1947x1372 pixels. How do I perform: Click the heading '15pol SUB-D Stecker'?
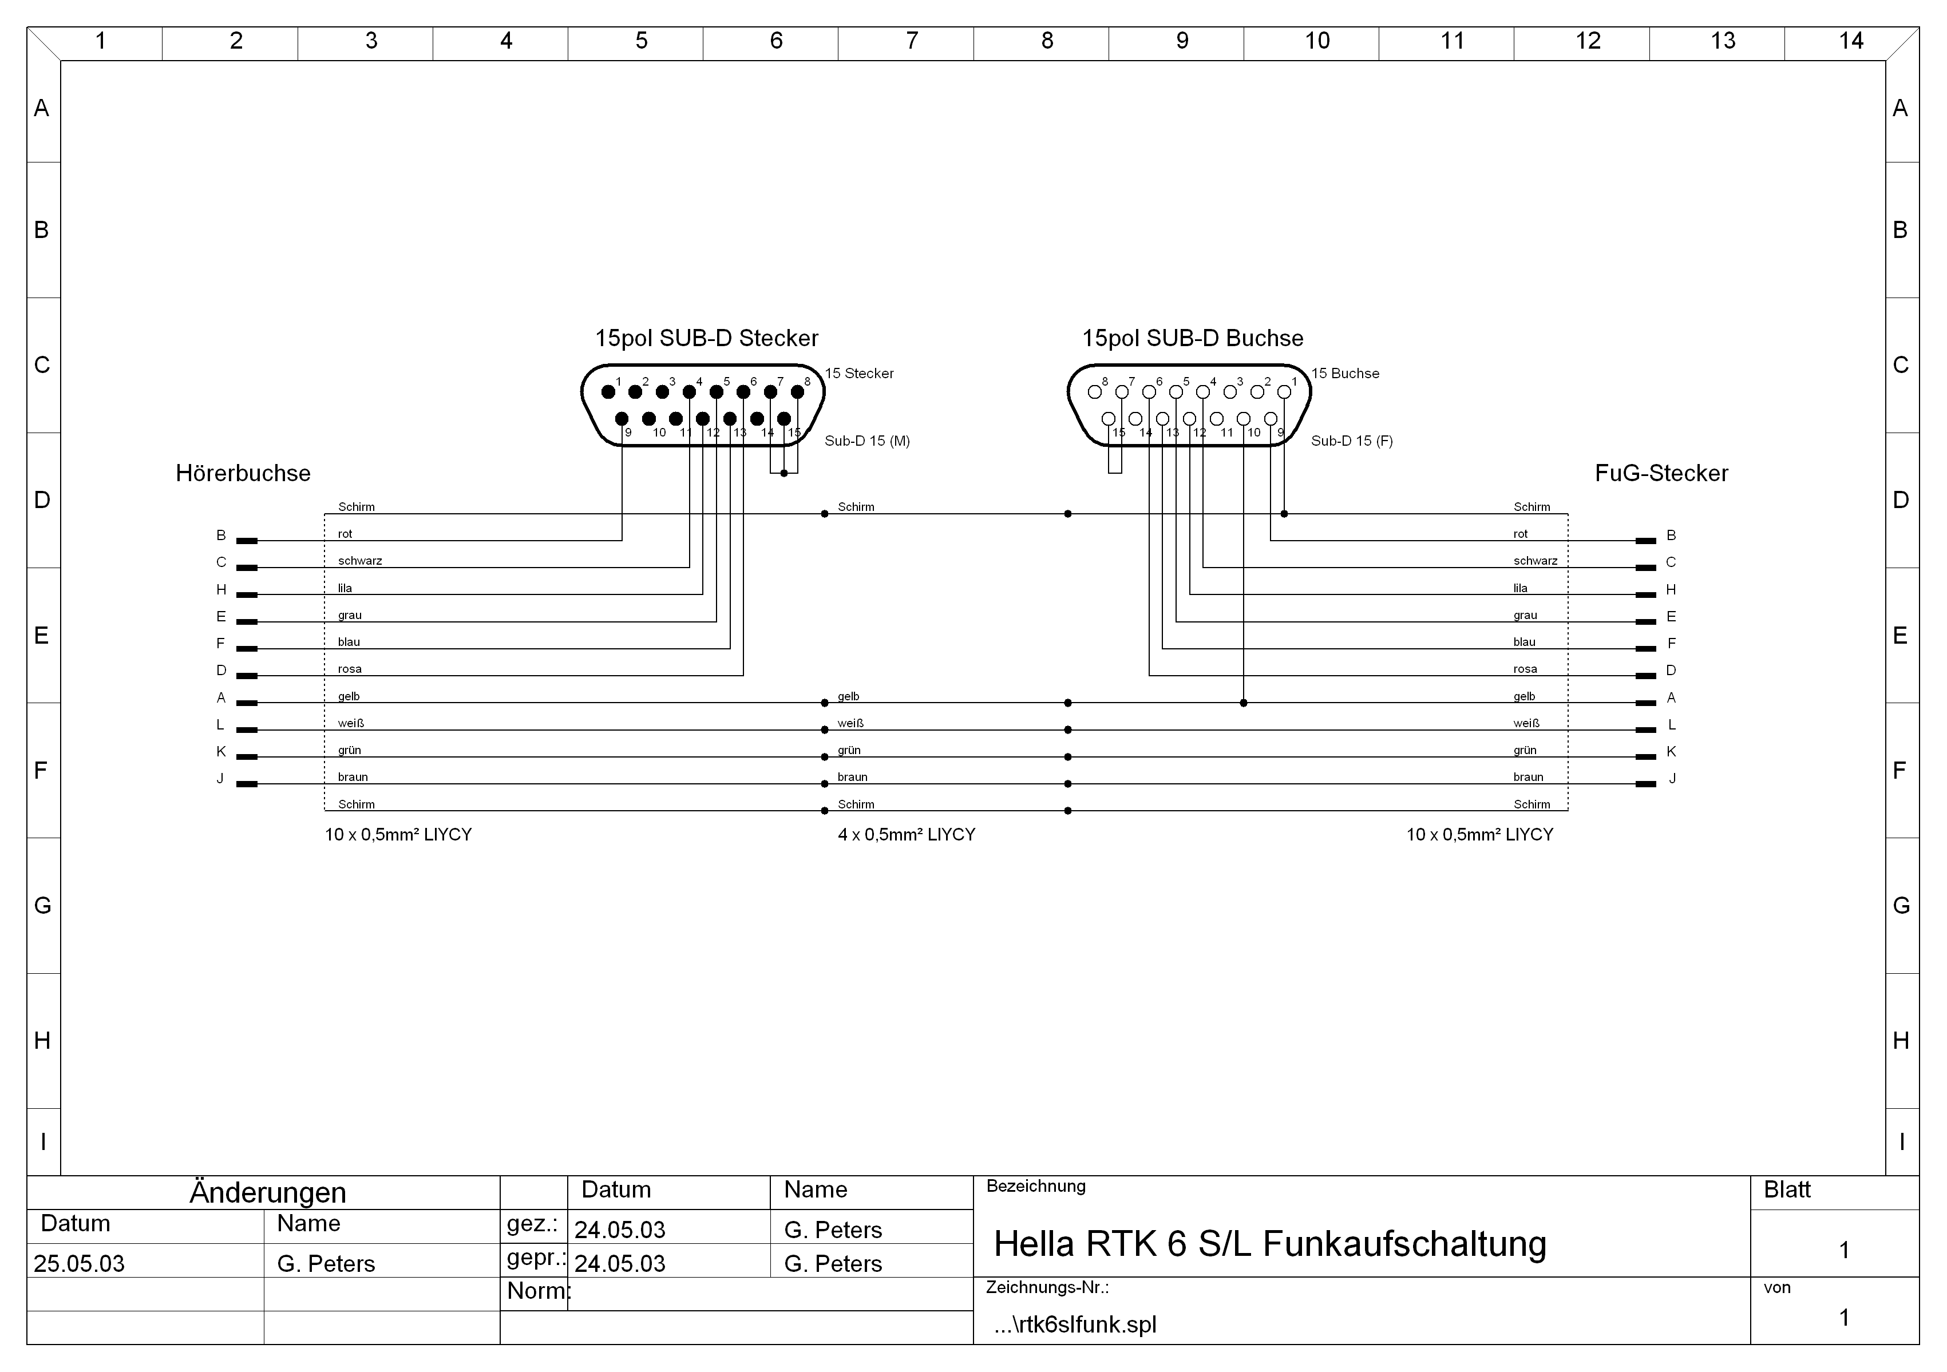click(x=706, y=338)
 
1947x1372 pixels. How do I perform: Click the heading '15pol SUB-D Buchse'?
click(x=1192, y=338)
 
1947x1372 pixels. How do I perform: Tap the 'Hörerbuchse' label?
click(x=243, y=473)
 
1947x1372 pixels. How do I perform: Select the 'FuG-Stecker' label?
click(x=1661, y=473)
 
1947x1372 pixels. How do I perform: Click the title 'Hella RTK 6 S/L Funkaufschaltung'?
click(x=1269, y=1244)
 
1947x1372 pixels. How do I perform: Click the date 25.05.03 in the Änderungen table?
click(x=79, y=1263)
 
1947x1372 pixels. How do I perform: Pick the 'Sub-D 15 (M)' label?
click(x=866, y=441)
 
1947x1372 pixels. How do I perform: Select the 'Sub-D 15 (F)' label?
click(x=1352, y=441)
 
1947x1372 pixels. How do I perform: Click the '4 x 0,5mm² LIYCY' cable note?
click(x=907, y=834)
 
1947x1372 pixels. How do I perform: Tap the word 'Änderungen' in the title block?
click(x=268, y=1192)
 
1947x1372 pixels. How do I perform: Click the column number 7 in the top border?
click(x=912, y=41)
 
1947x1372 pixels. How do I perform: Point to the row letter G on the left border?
click(x=42, y=906)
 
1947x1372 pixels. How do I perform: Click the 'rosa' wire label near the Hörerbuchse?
click(x=349, y=669)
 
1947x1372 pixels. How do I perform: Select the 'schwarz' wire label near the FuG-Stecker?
click(x=1535, y=561)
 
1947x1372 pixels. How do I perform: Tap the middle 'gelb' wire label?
click(x=848, y=696)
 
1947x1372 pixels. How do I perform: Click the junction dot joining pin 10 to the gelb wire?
click(x=1243, y=703)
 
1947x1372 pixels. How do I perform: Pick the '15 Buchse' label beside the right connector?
click(x=1345, y=373)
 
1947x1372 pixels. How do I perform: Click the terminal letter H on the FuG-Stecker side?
click(x=1671, y=589)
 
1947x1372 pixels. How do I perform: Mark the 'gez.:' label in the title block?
click(x=532, y=1224)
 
